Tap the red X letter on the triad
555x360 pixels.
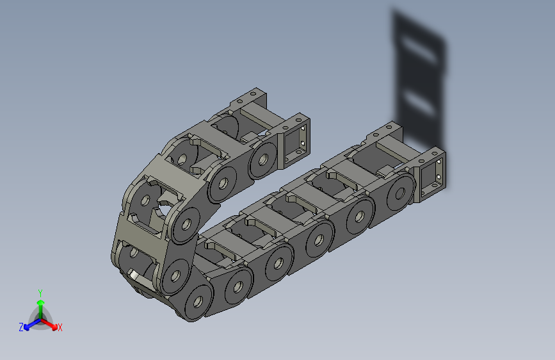tap(60, 327)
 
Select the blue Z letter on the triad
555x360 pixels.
tap(21, 327)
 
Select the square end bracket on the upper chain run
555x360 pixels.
tap(296, 141)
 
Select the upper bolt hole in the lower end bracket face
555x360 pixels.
tap(440, 165)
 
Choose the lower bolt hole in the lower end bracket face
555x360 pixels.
tap(440, 179)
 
